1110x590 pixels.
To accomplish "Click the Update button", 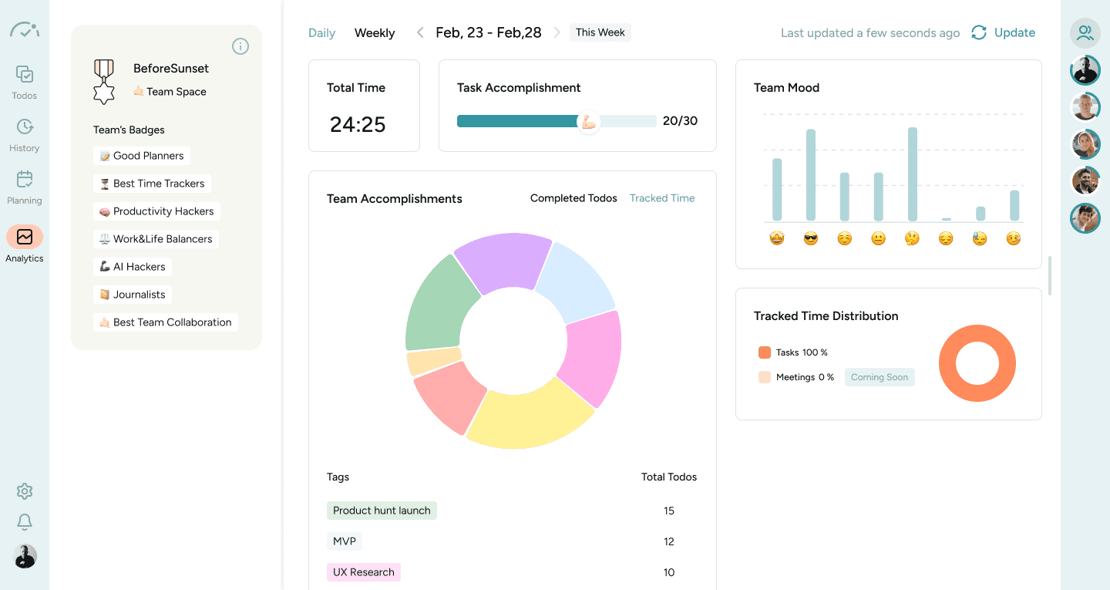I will click(x=1004, y=32).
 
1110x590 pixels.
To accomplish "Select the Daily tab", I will click(x=321, y=33).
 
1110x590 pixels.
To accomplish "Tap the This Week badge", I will click(x=600, y=32).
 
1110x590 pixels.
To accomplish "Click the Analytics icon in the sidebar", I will click(x=25, y=237).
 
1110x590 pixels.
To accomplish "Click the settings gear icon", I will click(x=25, y=491).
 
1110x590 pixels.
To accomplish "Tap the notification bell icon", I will click(x=25, y=522).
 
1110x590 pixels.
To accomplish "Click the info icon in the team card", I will click(x=240, y=46).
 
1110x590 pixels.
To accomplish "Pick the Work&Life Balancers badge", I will click(x=155, y=239).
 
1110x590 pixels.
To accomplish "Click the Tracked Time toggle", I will click(x=661, y=198).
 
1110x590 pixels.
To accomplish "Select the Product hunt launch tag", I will click(x=382, y=511).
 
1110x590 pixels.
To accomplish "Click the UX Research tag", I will click(x=364, y=572).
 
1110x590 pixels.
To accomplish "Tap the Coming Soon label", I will click(x=880, y=377).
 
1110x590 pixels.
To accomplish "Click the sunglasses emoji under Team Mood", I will click(x=810, y=239).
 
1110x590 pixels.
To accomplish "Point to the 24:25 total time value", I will click(x=358, y=124).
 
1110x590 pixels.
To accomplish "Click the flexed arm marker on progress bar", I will click(x=589, y=122).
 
